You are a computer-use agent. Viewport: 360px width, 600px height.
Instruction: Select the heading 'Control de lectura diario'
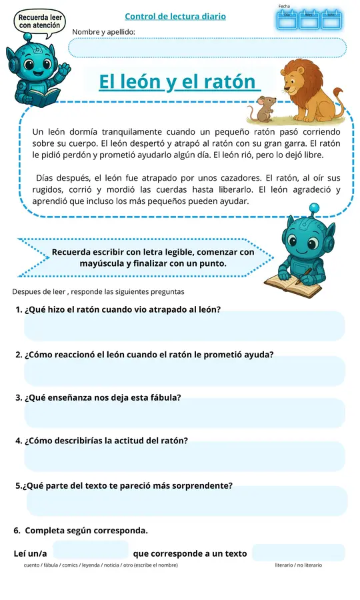pos(175,16)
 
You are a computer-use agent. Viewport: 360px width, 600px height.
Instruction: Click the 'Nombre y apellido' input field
pos(207,48)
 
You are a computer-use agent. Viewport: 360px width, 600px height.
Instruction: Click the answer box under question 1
pos(184,326)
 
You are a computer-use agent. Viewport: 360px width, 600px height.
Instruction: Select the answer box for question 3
pos(184,413)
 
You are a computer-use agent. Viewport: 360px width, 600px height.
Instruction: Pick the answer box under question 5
pos(187,501)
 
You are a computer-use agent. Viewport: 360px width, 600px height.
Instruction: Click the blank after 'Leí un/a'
pos(90,551)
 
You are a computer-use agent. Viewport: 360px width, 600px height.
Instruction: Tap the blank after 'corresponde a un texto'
pos(298,553)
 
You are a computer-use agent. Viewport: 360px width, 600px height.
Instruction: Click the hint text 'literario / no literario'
pos(298,565)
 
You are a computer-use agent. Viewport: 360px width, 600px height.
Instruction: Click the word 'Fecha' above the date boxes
pos(285,6)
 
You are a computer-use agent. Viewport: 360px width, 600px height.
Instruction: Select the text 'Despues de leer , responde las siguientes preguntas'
pos(98,292)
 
